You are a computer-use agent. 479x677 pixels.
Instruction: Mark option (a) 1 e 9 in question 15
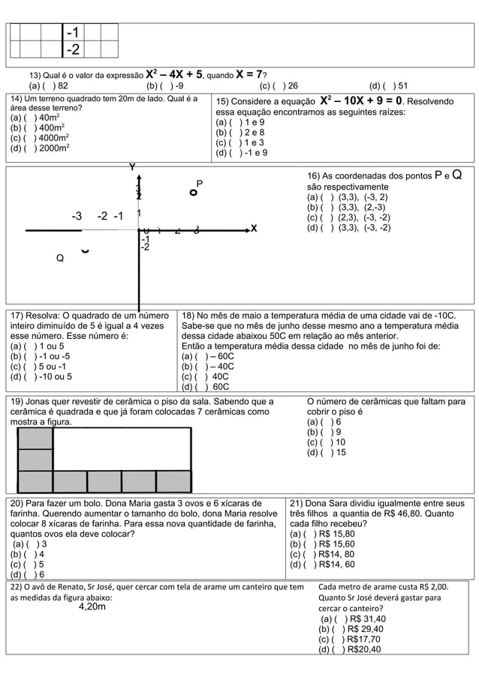click(239, 123)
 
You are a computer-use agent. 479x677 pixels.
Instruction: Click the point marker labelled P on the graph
click(194, 193)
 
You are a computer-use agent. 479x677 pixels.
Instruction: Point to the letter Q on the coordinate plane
click(60, 258)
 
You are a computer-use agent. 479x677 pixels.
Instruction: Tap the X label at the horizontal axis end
click(254, 229)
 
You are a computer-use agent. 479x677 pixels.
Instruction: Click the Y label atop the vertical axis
click(133, 167)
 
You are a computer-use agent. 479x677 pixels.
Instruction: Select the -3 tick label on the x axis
click(77, 217)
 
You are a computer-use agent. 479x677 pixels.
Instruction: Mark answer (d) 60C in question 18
click(206, 387)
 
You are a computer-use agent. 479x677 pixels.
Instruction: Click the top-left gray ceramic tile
click(35, 438)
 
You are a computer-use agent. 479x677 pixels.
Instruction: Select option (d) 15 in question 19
click(326, 452)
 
